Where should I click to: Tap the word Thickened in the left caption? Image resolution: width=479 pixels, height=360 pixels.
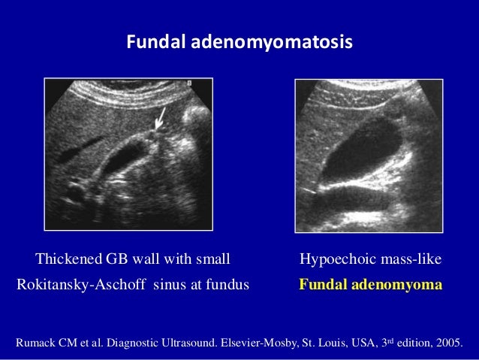66,261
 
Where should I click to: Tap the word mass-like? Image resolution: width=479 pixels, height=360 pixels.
409,261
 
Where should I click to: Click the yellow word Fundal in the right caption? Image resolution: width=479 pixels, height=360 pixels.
323,286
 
